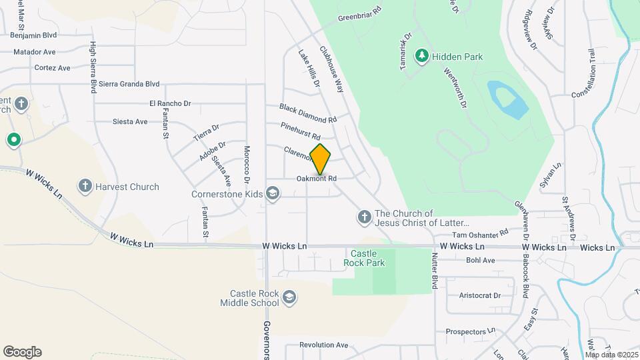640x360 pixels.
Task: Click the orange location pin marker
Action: (321, 159)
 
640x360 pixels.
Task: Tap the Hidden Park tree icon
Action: (421, 56)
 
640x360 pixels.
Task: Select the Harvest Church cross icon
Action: (85, 187)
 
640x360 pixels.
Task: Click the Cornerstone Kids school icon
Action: (272, 194)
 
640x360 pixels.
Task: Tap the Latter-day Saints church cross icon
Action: (364, 217)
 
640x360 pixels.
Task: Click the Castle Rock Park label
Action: (364, 258)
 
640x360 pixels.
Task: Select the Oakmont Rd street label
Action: (316, 179)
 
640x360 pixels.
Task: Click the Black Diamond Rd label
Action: (308, 113)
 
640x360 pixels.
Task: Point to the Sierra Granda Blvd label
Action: (129, 84)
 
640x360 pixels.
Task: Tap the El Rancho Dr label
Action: (170, 103)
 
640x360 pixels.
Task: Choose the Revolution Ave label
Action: (324, 345)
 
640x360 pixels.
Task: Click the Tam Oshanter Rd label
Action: (480, 234)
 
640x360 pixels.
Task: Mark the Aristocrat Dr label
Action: (479, 295)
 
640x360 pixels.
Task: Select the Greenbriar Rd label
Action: (359, 13)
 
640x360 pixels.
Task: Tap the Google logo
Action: (22, 352)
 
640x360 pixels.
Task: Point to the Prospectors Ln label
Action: (471, 331)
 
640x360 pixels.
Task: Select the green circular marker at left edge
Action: (13, 140)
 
